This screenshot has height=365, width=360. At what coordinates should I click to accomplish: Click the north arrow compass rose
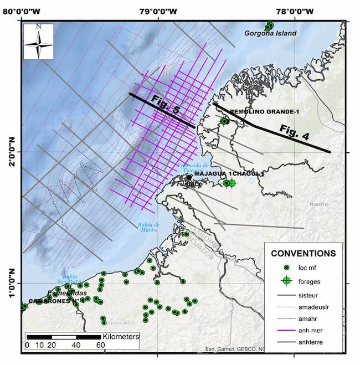coord(38,42)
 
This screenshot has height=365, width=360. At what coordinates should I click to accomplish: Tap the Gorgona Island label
coord(271,33)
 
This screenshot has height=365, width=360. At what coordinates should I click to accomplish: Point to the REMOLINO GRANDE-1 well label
coord(264,112)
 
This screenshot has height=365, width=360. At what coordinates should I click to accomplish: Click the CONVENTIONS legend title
coord(303,254)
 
